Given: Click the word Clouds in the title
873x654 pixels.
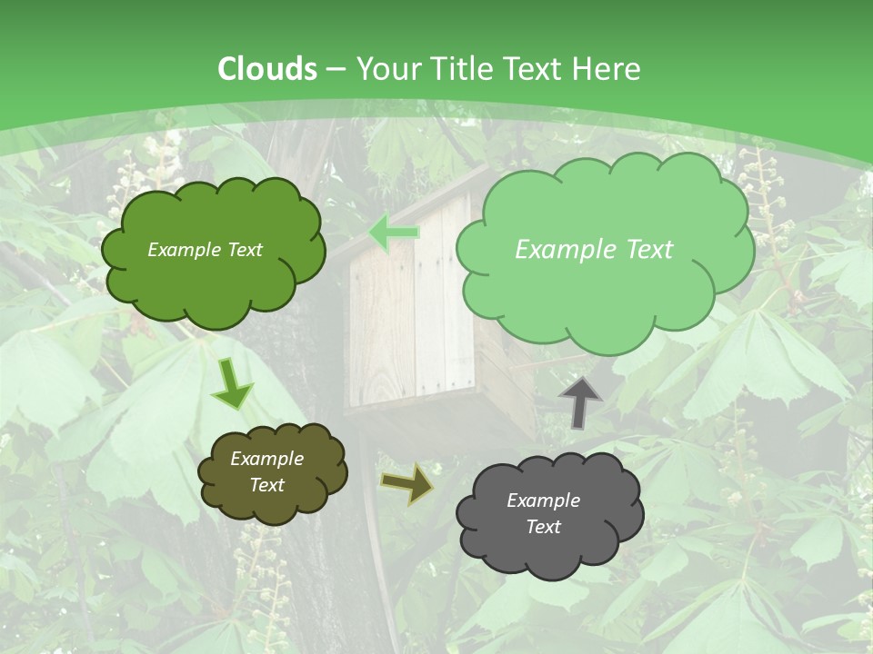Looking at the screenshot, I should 267,69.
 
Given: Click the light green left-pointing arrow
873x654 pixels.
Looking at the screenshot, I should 395,233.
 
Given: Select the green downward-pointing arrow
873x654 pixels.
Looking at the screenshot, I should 232,384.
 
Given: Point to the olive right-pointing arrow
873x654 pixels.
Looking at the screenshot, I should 406,483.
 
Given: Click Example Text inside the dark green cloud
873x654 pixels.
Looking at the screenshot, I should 205,250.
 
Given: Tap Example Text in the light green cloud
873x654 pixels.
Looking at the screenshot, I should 594,250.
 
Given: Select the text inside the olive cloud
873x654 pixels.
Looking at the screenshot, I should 266,471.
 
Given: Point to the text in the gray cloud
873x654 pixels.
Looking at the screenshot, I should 543,513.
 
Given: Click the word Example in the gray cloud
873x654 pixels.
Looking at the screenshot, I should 543,500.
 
